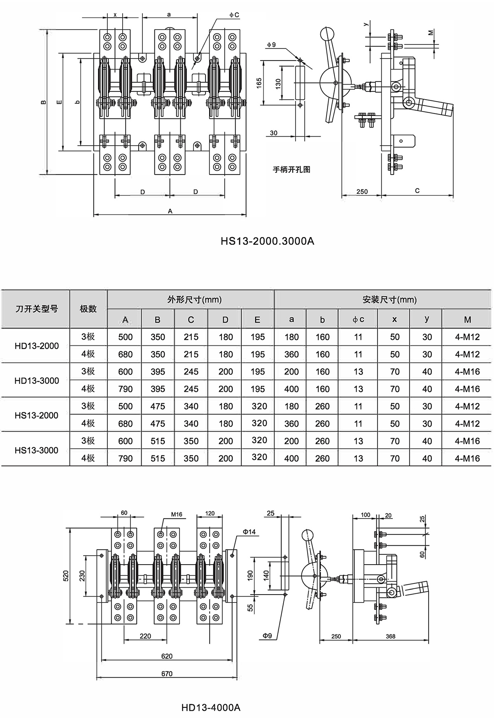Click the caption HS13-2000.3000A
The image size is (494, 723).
pyautogui.click(x=267, y=241)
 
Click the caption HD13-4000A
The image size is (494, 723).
pyautogui.click(x=210, y=707)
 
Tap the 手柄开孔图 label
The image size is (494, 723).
pyautogui.click(x=291, y=170)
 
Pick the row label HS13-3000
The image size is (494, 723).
pyautogui.click(x=37, y=450)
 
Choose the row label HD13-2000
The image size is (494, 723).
pyautogui.click(x=37, y=346)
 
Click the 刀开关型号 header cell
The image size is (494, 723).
pyautogui.click(x=37, y=309)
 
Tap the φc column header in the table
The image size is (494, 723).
pyautogui.click(x=358, y=320)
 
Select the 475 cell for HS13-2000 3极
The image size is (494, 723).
pyautogui.click(x=158, y=406)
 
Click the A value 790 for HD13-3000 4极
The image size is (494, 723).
pyautogui.click(x=125, y=389)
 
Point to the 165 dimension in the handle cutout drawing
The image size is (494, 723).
pyautogui.click(x=259, y=83)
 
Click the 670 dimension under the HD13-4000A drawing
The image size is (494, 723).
pyautogui.click(x=167, y=674)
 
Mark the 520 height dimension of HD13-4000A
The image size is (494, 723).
pyautogui.click(x=66, y=576)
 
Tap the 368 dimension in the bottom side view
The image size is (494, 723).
pyautogui.click(x=390, y=636)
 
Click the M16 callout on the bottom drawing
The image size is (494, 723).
pyautogui.click(x=176, y=514)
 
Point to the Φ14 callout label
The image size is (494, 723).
pyautogui.click(x=249, y=532)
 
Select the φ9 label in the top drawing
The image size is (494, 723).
pyautogui.click(x=271, y=44)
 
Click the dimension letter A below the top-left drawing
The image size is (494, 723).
pyautogui.click(x=170, y=211)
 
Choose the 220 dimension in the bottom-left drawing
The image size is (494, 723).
pyautogui.click(x=145, y=636)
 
